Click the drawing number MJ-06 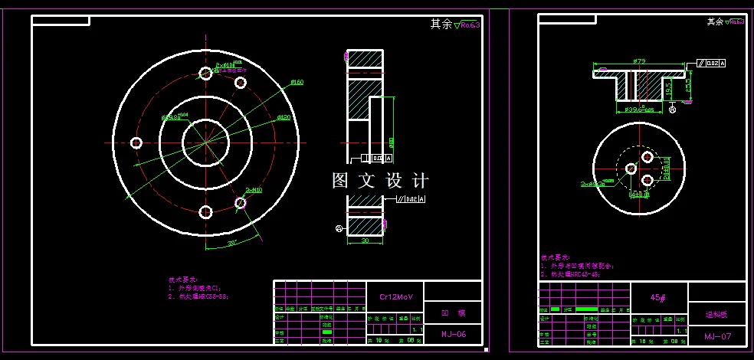coord(453,334)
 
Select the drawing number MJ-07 coord(718,336)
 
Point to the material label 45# coord(657,297)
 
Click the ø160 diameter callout coord(297,82)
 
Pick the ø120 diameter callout coord(283,117)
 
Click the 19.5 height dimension coord(669,90)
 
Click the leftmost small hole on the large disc coord(137,142)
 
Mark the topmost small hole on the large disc coord(205,74)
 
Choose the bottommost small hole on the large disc coord(205,211)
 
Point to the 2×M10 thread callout coord(254,189)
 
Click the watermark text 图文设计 coord(380,181)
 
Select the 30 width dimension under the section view coord(365,240)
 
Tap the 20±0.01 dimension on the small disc coord(666,169)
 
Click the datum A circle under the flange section coord(673,110)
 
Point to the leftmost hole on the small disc coord(631,168)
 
